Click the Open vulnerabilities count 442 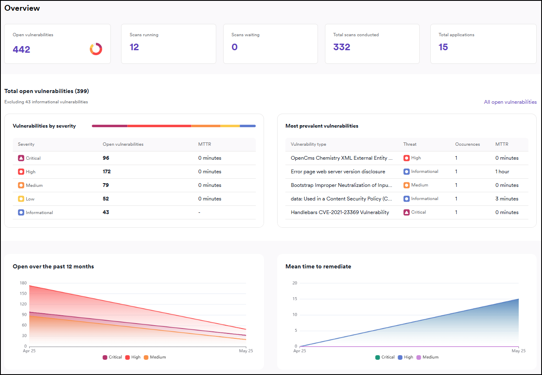[21, 49]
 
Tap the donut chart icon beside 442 [96, 49]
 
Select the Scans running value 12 [134, 47]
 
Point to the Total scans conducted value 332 [341, 47]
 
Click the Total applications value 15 [443, 47]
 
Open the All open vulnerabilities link [510, 102]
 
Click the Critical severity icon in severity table [21, 158]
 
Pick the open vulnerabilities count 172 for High [107, 172]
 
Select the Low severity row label [30, 199]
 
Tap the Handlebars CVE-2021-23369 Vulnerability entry [340, 212]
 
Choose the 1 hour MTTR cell [502, 172]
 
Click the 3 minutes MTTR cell [507, 199]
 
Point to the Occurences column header [467, 144]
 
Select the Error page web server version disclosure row [338, 172]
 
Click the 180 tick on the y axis [23, 283]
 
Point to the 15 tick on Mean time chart [294, 299]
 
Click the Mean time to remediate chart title [318, 266]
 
